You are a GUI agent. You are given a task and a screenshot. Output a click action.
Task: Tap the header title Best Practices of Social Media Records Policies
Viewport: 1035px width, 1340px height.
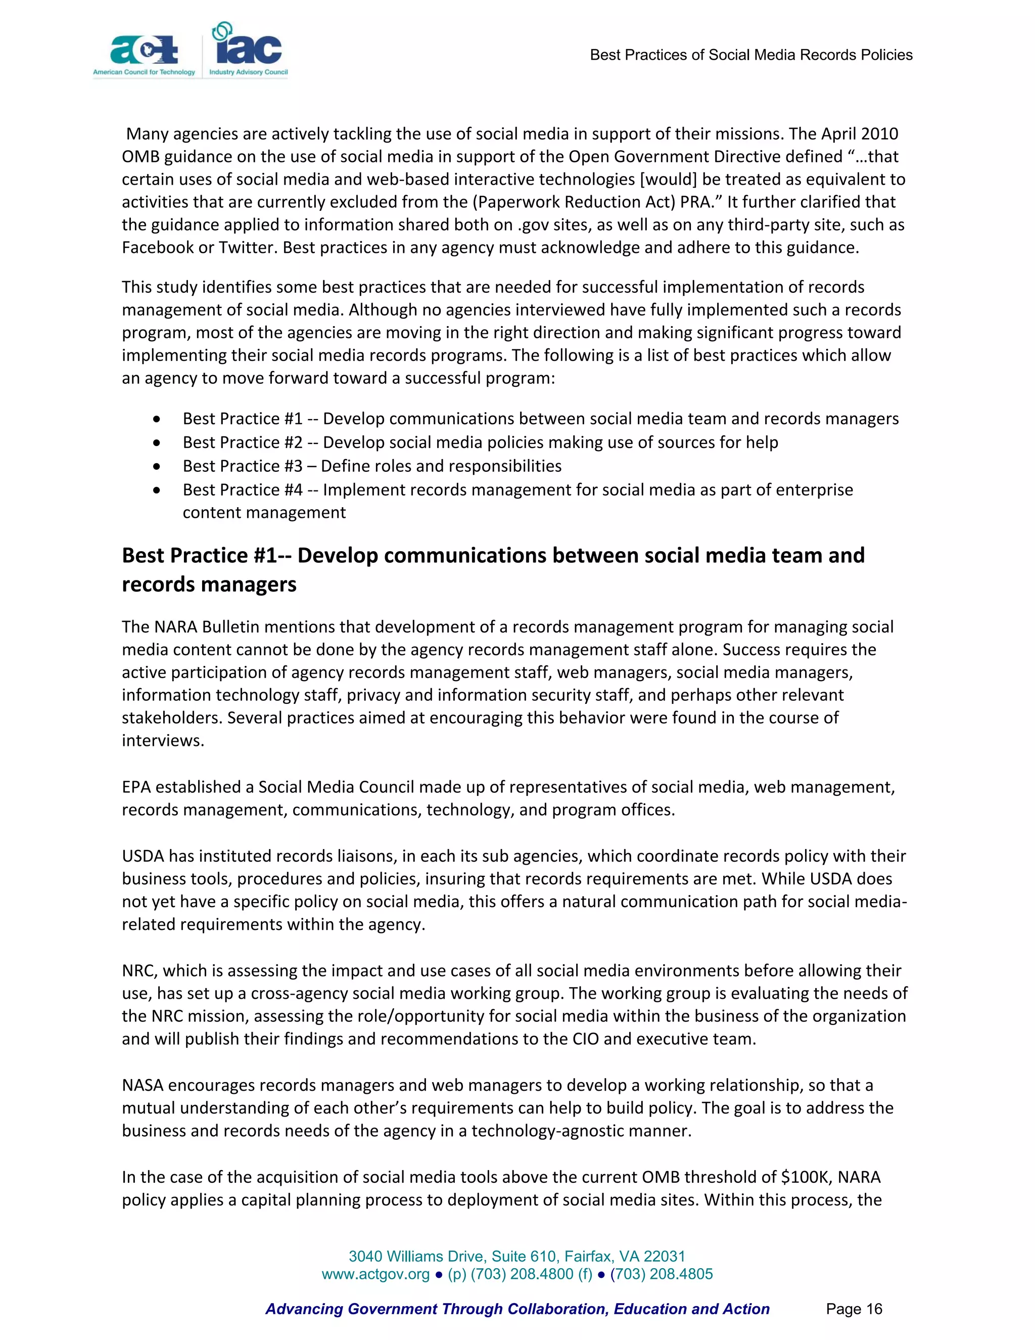pos(750,55)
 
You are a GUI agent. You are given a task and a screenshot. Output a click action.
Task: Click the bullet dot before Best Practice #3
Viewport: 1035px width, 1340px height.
pos(158,467)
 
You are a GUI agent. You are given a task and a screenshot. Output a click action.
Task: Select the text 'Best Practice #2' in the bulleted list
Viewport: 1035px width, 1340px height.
pos(242,442)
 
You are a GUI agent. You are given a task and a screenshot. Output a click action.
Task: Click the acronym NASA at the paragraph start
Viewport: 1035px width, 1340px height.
pos(142,1085)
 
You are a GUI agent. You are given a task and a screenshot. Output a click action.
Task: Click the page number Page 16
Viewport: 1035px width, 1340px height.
pos(854,1309)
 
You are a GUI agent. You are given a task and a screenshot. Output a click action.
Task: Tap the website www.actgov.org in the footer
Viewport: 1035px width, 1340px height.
pos(375,1274)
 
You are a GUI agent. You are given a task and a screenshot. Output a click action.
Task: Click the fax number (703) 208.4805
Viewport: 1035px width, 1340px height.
pos(661,1274)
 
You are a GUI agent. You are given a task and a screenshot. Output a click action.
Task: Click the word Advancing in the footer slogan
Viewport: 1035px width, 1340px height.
pos(304,1309)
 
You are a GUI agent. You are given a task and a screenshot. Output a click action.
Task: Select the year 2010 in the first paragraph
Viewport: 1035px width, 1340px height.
pos(879,134)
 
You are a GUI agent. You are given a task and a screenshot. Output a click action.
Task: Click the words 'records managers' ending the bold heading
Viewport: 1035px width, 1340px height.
pos(209,584)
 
